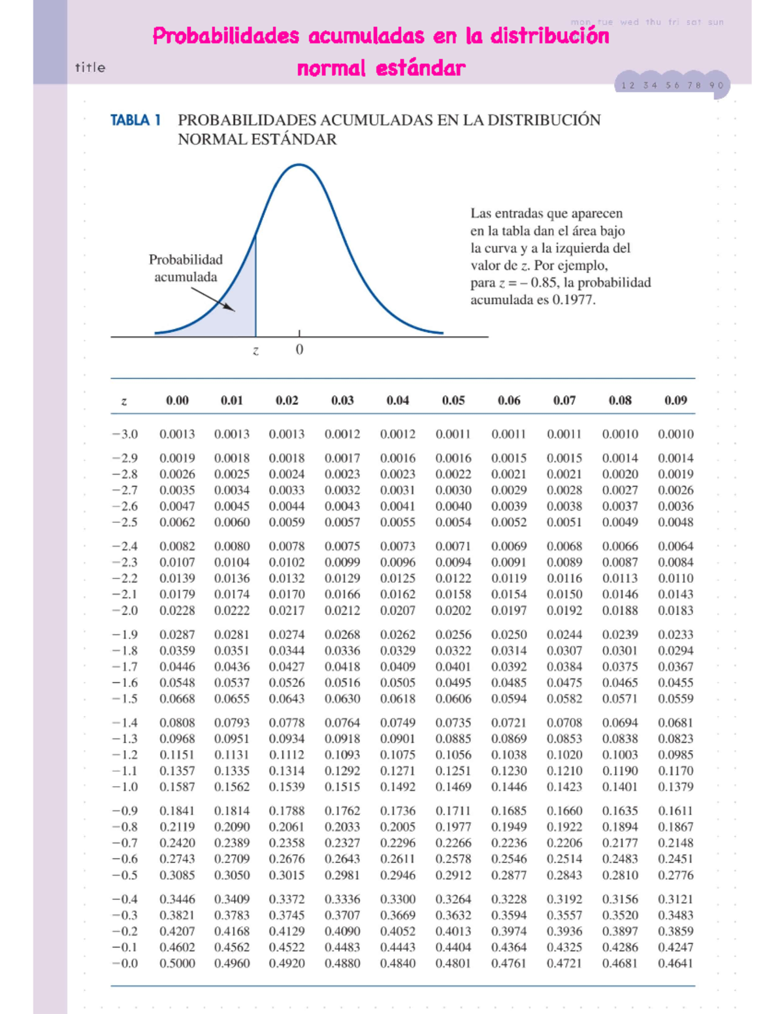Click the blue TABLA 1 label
point(135,120)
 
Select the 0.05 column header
point(453,400)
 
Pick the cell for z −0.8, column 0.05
point(453,827)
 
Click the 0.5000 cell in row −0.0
point(177,963)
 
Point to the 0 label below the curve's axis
point(299,350)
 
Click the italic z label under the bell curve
point(255,351)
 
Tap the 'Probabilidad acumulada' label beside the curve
point(186,268)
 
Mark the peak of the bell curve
point(299,165)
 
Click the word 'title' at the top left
point(90,67)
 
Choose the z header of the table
point(124,401)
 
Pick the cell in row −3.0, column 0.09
point(676,434)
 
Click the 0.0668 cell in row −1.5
point(177,699)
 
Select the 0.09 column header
point(676,400)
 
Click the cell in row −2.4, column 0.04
point(397,546)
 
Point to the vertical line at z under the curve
point(255,287)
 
